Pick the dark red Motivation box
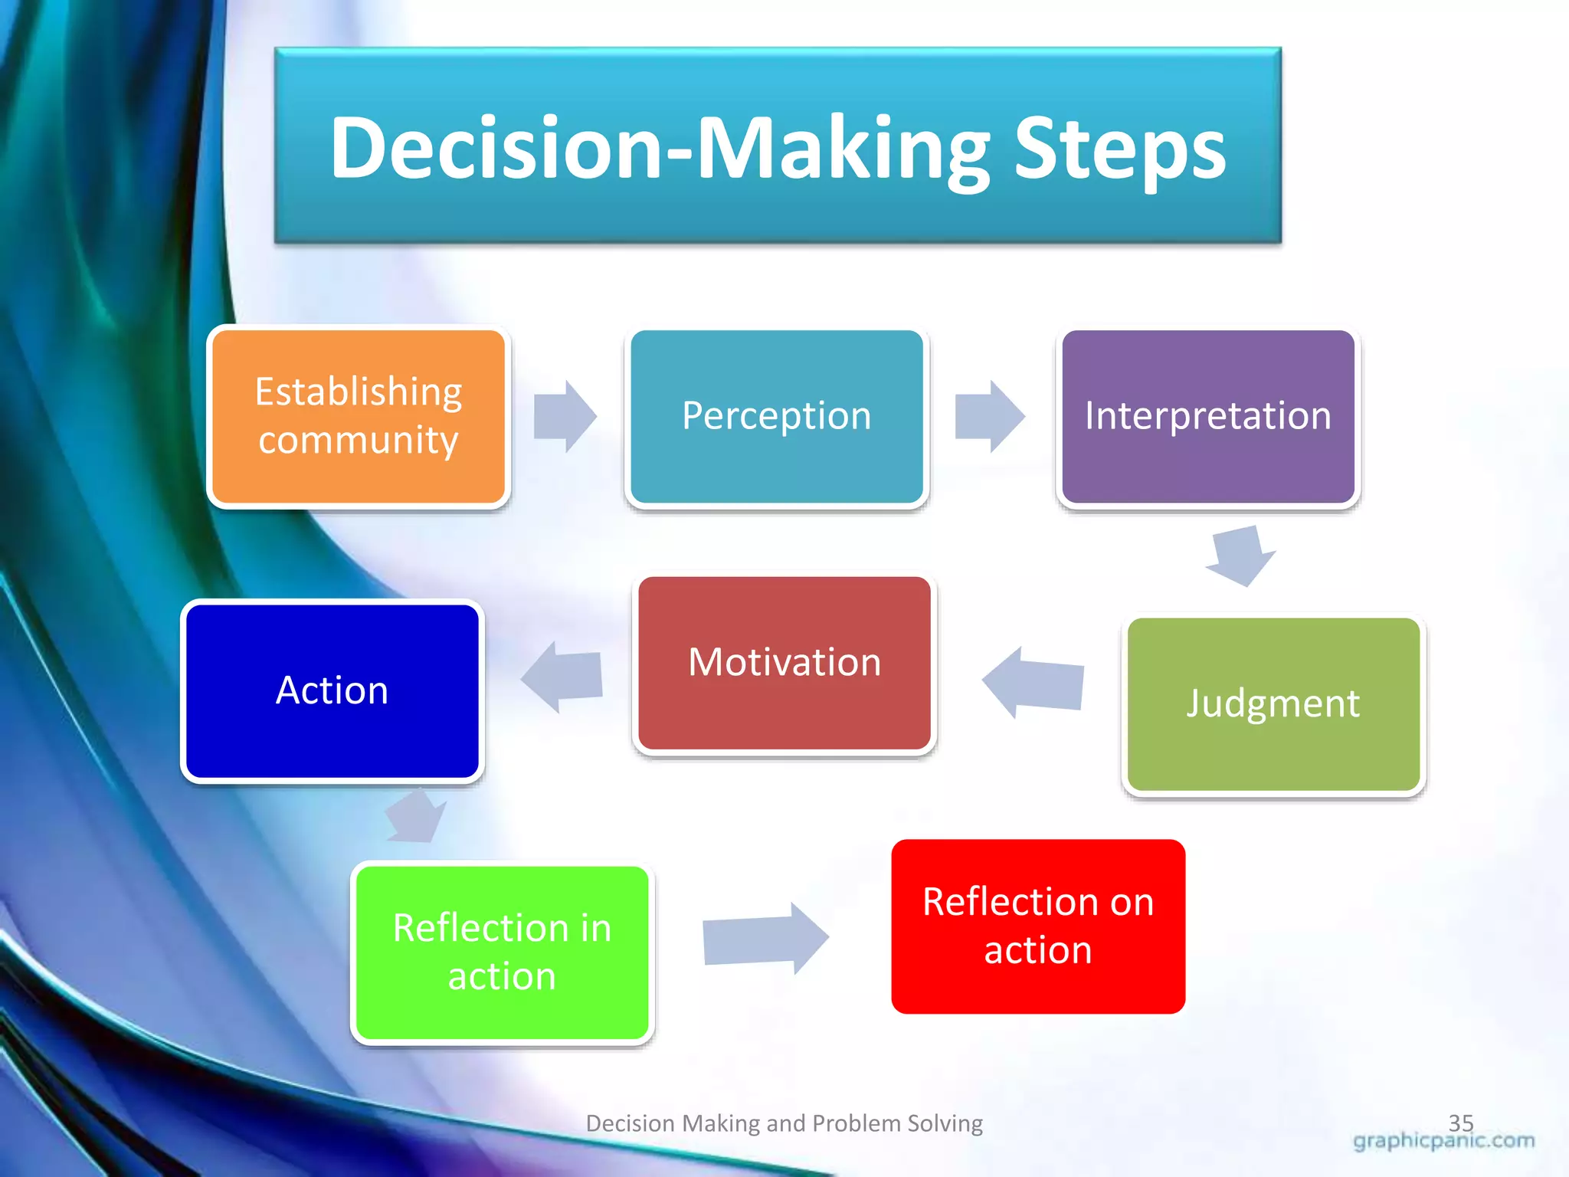click(x=784, y=663)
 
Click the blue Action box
click(x=332, y=690)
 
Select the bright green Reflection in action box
click(x=502, y=952)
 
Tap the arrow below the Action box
click(x=416, y=817)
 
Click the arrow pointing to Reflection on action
click(x=765, y=938)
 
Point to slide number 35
click(x=1460, y=1122)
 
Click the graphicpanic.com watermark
click(x=1443, y=1141)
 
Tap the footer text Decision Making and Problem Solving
click(x=784, y=1123)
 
